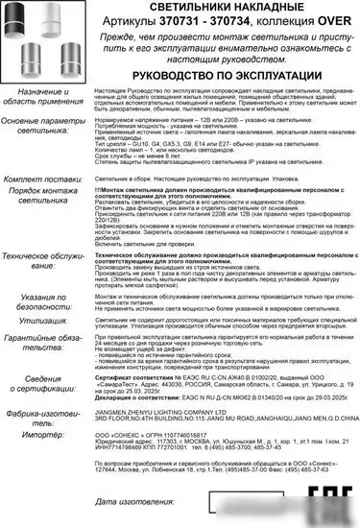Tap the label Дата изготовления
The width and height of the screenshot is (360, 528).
coord(148,502)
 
